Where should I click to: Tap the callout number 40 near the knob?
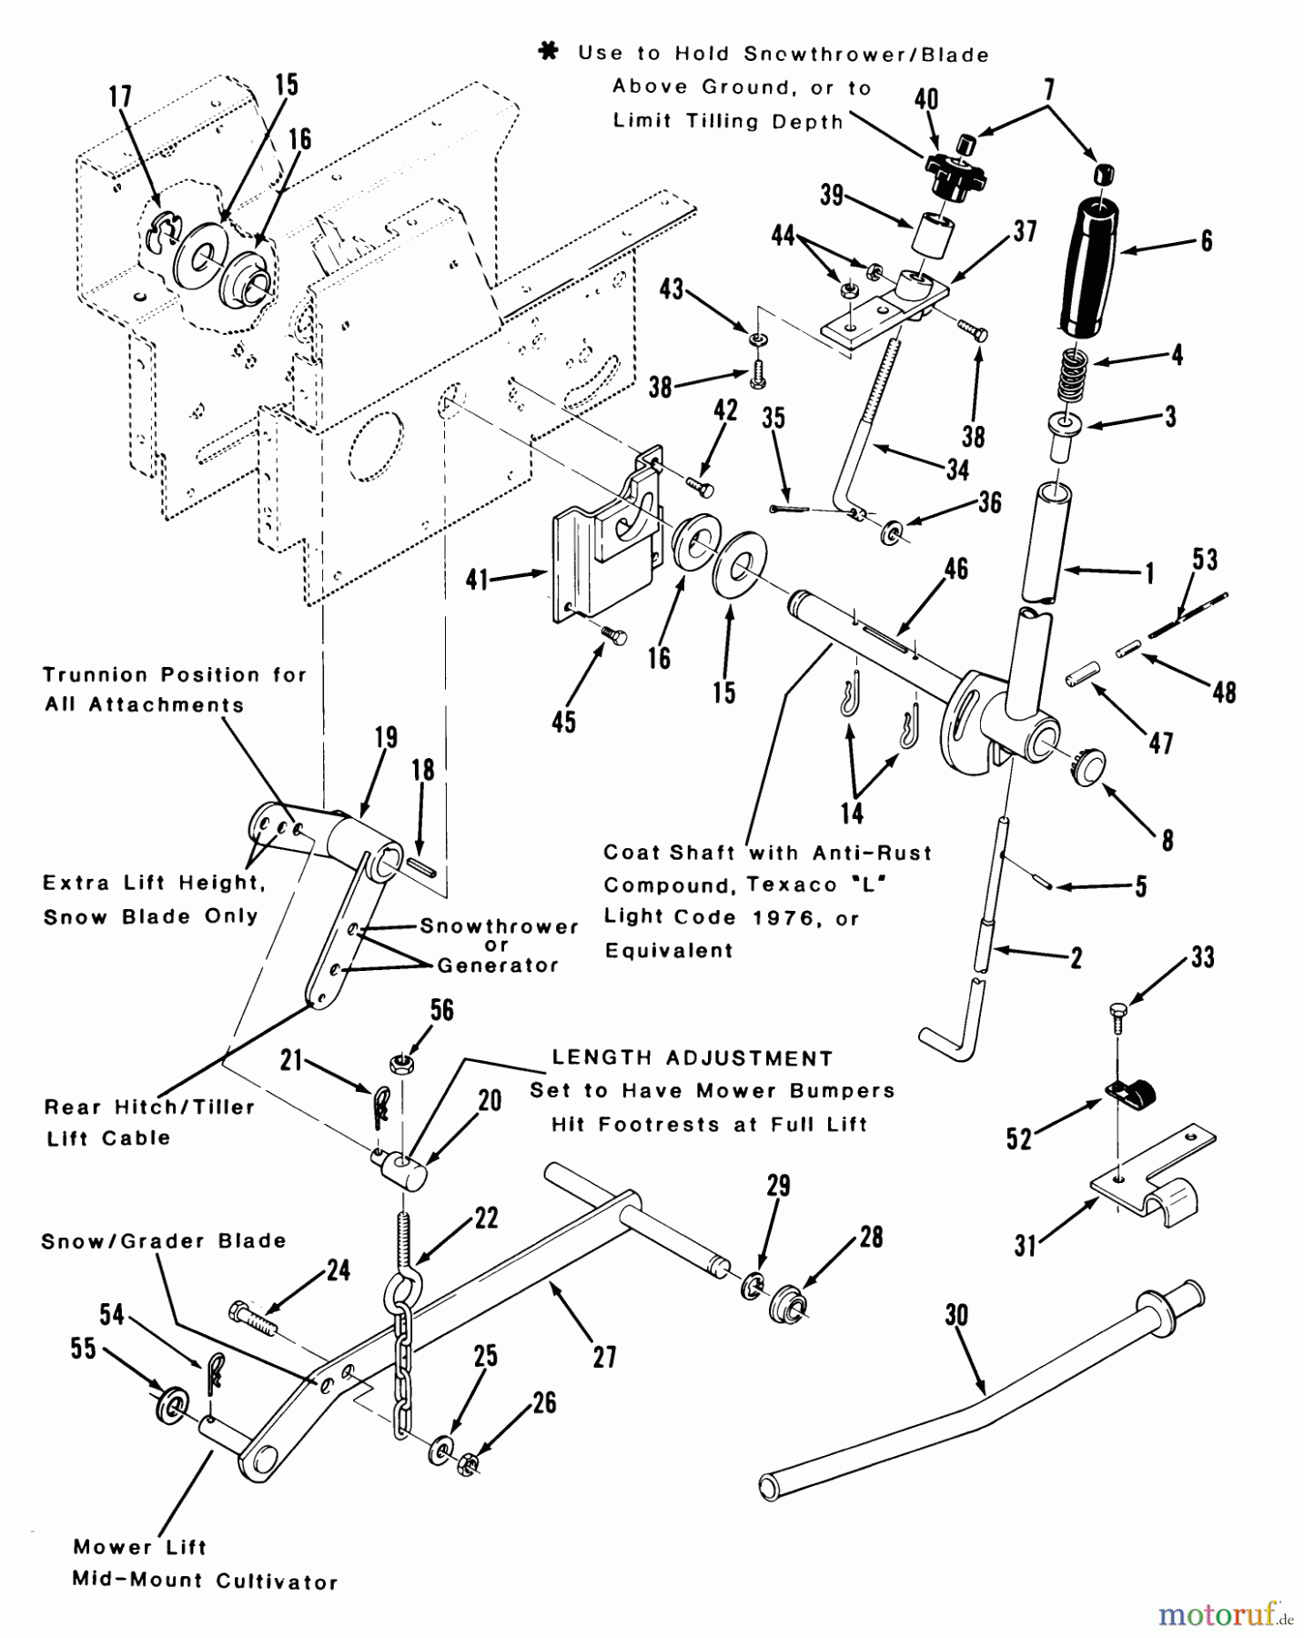(926, 99)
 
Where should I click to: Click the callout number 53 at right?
(1204, 559)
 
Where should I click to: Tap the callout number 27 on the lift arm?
(604, 1357)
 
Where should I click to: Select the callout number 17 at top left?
(120, 96)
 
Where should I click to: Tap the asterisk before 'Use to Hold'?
(549, 53)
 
